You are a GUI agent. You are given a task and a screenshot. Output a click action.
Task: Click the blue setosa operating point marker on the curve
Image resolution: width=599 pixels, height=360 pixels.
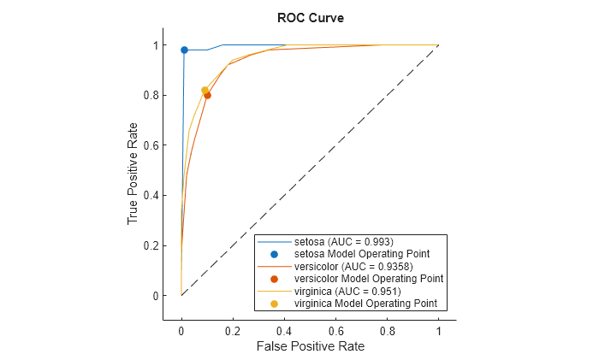[184, 50]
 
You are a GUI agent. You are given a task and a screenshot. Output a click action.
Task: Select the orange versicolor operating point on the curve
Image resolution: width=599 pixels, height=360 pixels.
[207, 96]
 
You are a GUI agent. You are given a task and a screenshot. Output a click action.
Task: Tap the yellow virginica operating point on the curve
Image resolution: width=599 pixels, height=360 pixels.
[205, 91]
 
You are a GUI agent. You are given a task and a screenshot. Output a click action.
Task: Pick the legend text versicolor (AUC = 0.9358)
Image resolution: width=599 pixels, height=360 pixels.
[353, 266]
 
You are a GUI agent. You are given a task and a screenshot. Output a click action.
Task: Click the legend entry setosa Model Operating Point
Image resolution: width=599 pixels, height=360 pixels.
[361, 254]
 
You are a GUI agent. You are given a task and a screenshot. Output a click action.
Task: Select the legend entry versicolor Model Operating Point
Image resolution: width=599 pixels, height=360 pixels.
[368, 279]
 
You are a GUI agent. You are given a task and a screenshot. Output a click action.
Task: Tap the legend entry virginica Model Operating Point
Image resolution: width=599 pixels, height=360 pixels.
[365, 303]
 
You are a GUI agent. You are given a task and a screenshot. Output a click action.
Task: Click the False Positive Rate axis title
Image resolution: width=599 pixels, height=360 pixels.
[309, 347]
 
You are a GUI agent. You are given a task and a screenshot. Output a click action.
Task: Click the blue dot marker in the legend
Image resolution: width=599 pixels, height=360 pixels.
[274, 254]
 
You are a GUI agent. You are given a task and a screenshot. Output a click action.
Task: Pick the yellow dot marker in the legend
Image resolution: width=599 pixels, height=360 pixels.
[274, 303]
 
